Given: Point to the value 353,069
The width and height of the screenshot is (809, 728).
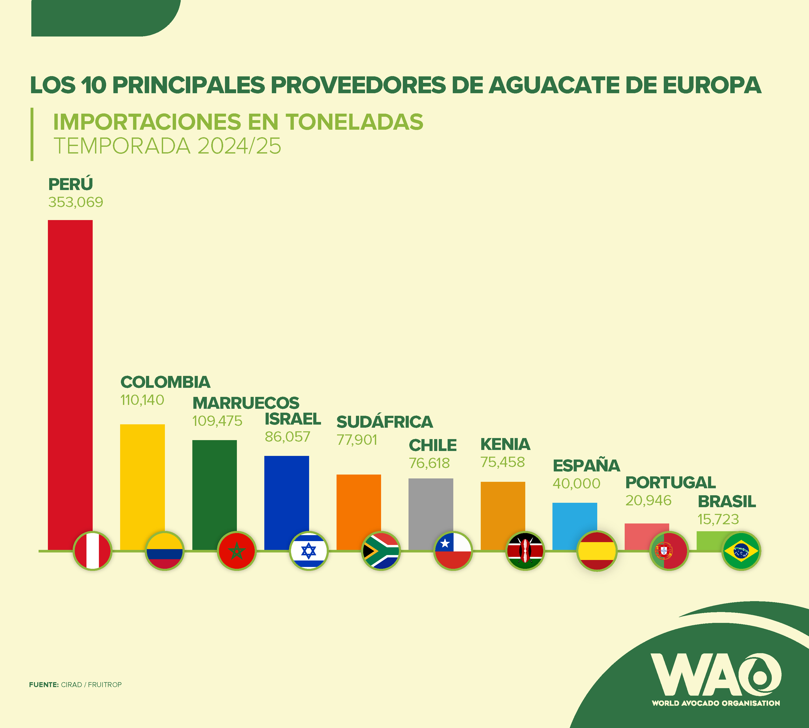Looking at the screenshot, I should point(76,202).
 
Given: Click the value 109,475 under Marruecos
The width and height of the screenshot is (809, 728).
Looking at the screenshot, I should point(217,421).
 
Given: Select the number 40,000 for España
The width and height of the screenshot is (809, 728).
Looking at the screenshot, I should point(576,484).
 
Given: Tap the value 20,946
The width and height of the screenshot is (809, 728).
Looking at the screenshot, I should point(648,500).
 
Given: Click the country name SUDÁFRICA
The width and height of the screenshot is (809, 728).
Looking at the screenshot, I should point(384,422).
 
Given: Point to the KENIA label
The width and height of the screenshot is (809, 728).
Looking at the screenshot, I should point(505,445).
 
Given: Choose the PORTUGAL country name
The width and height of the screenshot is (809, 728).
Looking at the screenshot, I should point(670,482).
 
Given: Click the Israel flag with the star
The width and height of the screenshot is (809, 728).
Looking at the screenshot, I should point(308,551).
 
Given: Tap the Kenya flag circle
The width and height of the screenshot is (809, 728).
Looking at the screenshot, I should point(525,551).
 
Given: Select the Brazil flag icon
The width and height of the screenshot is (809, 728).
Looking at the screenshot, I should point(741,551).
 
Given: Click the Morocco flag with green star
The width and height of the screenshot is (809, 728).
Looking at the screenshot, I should point(236,551).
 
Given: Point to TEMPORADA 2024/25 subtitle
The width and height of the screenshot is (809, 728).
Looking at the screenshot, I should point(167,146).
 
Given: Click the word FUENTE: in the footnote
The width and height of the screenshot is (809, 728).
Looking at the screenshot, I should point(44,685).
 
